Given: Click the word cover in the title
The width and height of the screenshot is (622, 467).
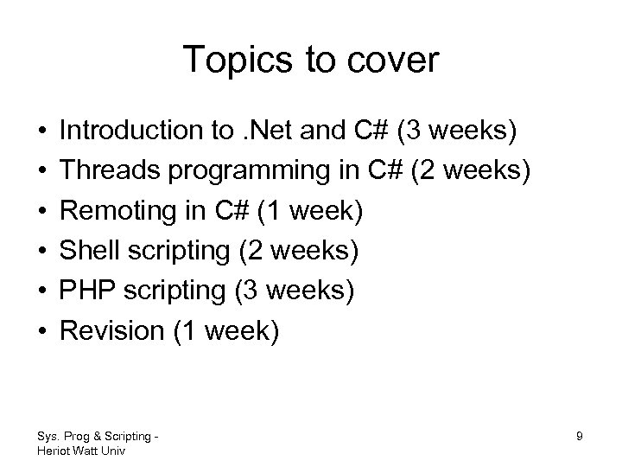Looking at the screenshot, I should click(394, 61).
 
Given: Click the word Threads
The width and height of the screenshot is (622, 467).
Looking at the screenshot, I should click(105, 171).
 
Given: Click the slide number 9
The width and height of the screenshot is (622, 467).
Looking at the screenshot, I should click(579, 437).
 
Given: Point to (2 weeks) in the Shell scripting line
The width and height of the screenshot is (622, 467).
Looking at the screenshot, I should click(300, 252).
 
